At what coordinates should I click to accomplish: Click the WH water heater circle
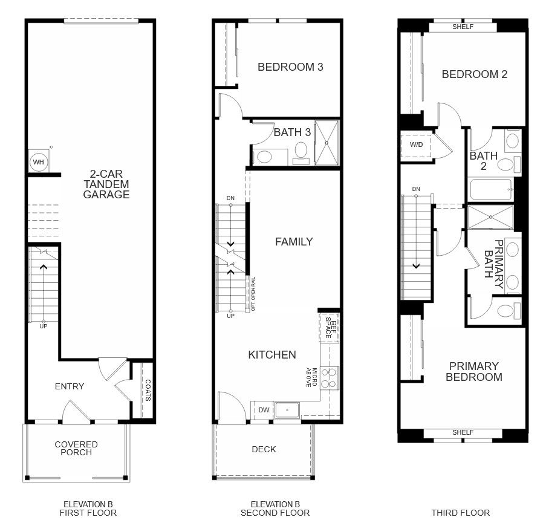point(38,162)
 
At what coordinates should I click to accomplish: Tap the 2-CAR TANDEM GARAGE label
point(106,184)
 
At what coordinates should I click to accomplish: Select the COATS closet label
point(148,390)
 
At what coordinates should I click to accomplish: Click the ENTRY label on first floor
point(70,386)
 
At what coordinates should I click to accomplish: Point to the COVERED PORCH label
point(76,449)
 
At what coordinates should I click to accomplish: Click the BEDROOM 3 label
point(290,67)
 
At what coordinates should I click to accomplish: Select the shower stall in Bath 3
point(327,143)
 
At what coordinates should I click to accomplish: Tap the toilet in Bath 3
point(301,153)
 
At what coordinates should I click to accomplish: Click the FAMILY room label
point(294,242)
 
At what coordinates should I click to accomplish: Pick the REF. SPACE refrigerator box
point(329,328)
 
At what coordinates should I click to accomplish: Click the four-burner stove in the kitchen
point(329,378)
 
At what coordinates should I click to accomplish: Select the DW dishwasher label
point(264,410)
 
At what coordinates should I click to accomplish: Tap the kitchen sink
point(287,410)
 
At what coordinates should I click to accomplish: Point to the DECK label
point(264,449)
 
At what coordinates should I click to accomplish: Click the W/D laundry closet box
point(416,145)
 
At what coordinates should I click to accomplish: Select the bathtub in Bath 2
point(491,190)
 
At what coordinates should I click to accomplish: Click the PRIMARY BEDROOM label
point(474,371)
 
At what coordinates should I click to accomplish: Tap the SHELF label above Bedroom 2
point(463,27)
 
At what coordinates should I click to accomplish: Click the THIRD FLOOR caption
point(460,513)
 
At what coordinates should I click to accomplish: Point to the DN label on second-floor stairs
point(230,198)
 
